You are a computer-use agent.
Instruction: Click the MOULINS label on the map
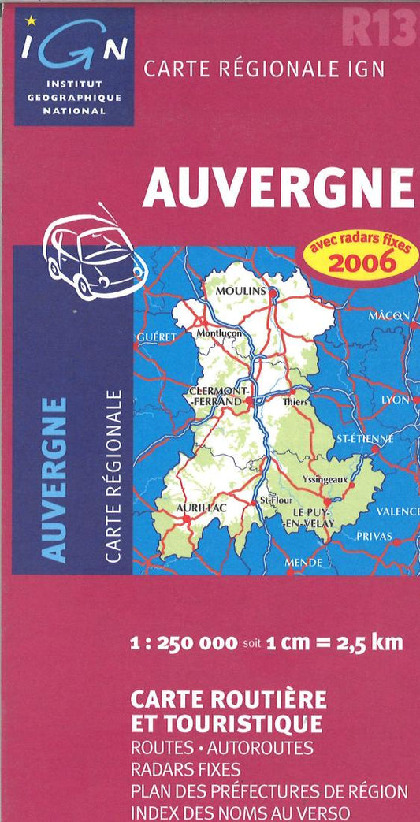pyautogui.click(x=241, y=291)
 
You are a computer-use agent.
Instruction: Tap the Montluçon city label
pyautogui.click(x=220, y=333)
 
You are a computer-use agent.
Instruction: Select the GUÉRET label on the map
pyautogui.click(x=155, y=337)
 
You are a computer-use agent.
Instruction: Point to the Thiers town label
pyautogui.click(x=295, y=401)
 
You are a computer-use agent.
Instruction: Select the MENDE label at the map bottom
pyautogui.click(x=303, y=563)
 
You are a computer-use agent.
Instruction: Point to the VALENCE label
pyautogui.click(x=397, y=511)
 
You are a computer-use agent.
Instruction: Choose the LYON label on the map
pyautogui.click(x=396, y=400)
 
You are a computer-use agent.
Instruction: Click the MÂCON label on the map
pyautogui.click(x=388, y=316)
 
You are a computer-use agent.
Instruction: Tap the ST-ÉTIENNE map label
pyautogui.click(x=364, y=438)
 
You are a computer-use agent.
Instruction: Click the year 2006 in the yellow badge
pyautogui.click(x=361, y=262)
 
